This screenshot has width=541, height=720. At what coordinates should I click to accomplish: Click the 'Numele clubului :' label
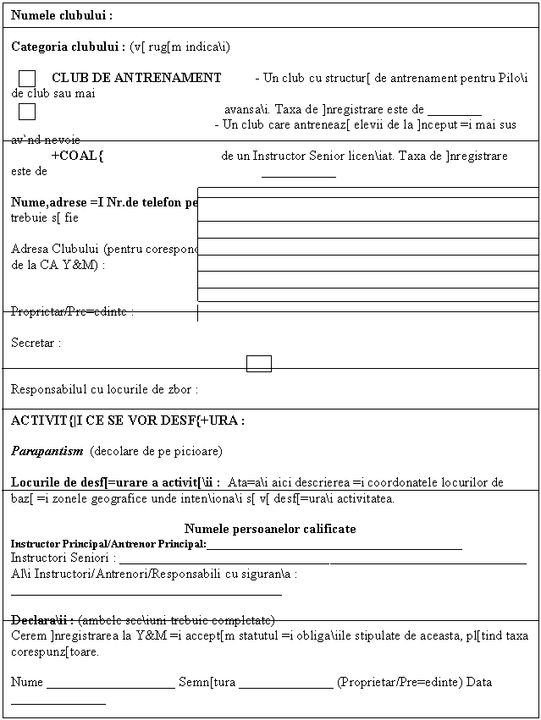63,16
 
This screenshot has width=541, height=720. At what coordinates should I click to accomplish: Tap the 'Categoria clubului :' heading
69,46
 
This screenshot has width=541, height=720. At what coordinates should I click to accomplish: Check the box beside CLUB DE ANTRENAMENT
27,79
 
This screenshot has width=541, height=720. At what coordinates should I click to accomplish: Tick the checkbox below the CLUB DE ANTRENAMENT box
27,111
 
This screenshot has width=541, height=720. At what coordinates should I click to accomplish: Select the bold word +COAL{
78,156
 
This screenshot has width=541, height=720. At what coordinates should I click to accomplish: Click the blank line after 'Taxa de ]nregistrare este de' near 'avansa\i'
455,111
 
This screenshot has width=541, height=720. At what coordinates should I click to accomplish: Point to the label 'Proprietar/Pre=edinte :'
75,311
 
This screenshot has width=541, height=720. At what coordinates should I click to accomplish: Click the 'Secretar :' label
36,344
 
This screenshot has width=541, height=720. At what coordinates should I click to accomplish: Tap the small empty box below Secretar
259,364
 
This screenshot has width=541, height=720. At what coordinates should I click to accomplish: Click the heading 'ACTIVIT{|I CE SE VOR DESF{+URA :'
128,420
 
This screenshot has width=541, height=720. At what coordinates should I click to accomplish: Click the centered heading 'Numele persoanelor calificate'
270,530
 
